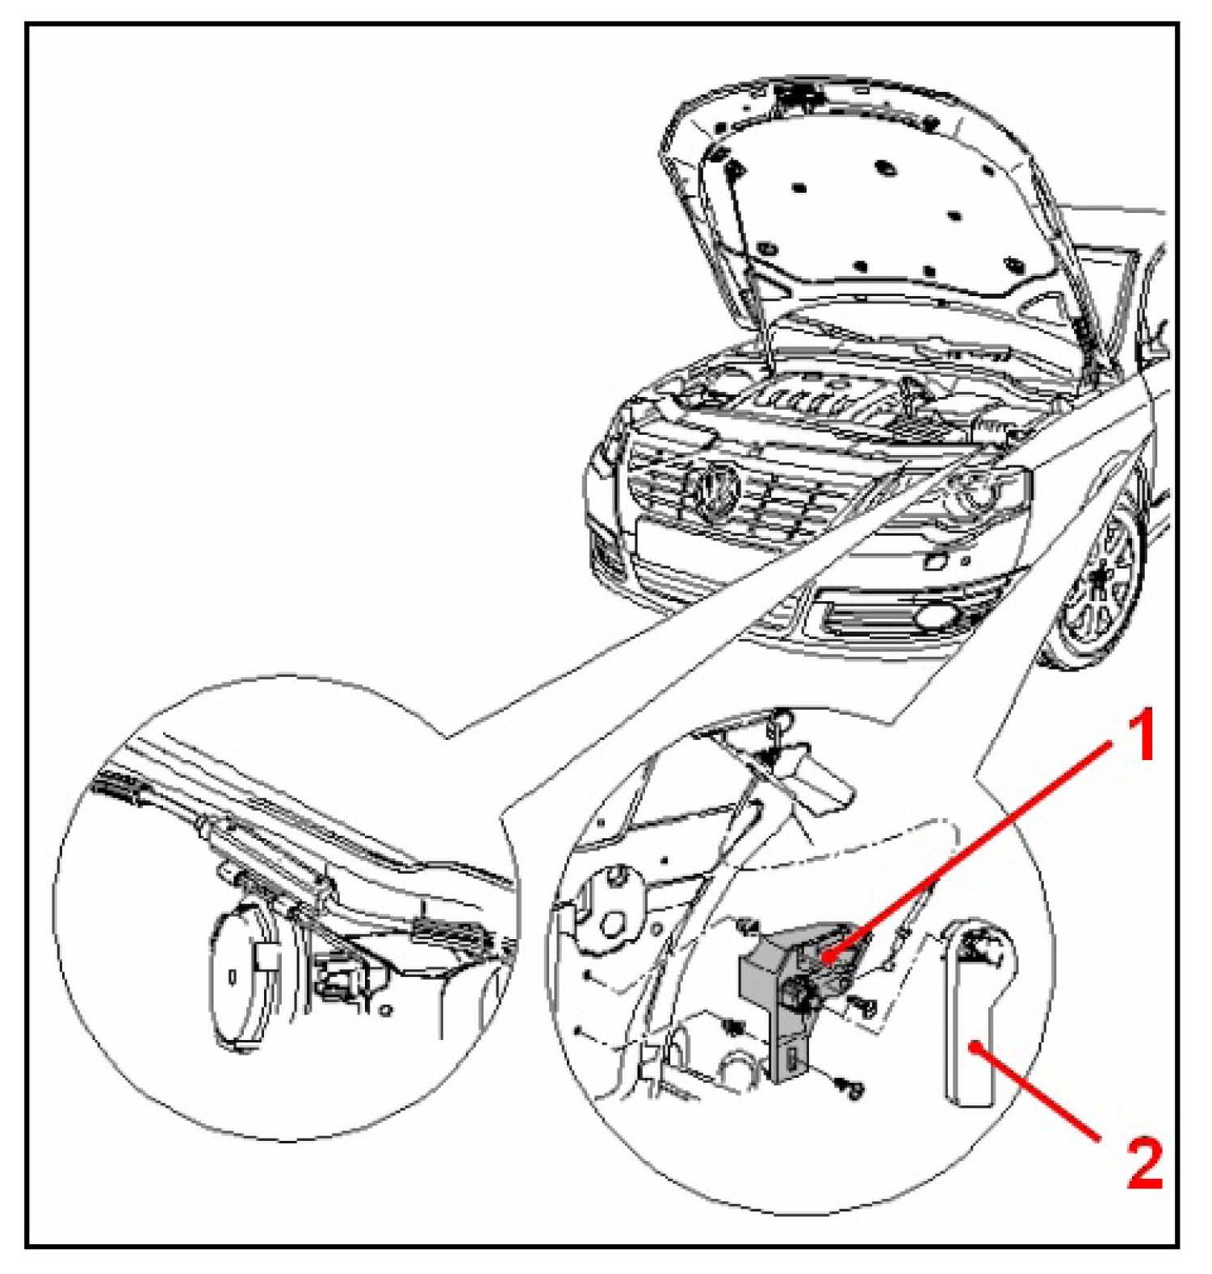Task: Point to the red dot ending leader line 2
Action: coord(977,1046)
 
